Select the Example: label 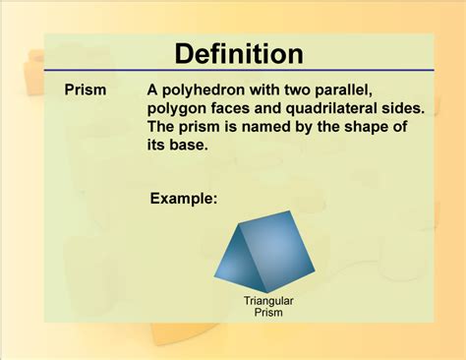pos(183,199)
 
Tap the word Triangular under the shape pos(269,300)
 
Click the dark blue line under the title pos(233,71)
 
